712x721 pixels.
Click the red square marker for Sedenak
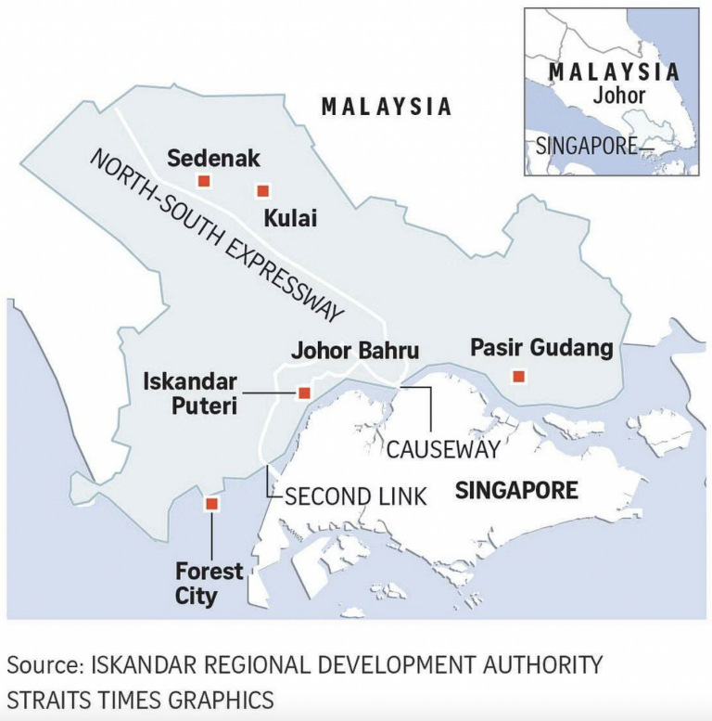coord(204,181)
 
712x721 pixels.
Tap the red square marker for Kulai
coord(262,191)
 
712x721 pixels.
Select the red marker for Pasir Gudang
coord(518,376)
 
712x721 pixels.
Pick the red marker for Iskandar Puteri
coord(303,393)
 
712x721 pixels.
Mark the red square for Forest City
coord(211,504)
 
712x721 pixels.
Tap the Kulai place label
coord(290,219)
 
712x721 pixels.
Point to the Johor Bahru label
coord(355,352)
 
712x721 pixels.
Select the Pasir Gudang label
coord(541,348)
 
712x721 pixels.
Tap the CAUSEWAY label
coord(443,449)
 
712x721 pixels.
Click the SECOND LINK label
coord(356,496)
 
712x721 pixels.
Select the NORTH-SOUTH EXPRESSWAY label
coord(217,233)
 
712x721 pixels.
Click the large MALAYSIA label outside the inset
coord(387,107)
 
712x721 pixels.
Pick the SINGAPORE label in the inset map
coord(588,146)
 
